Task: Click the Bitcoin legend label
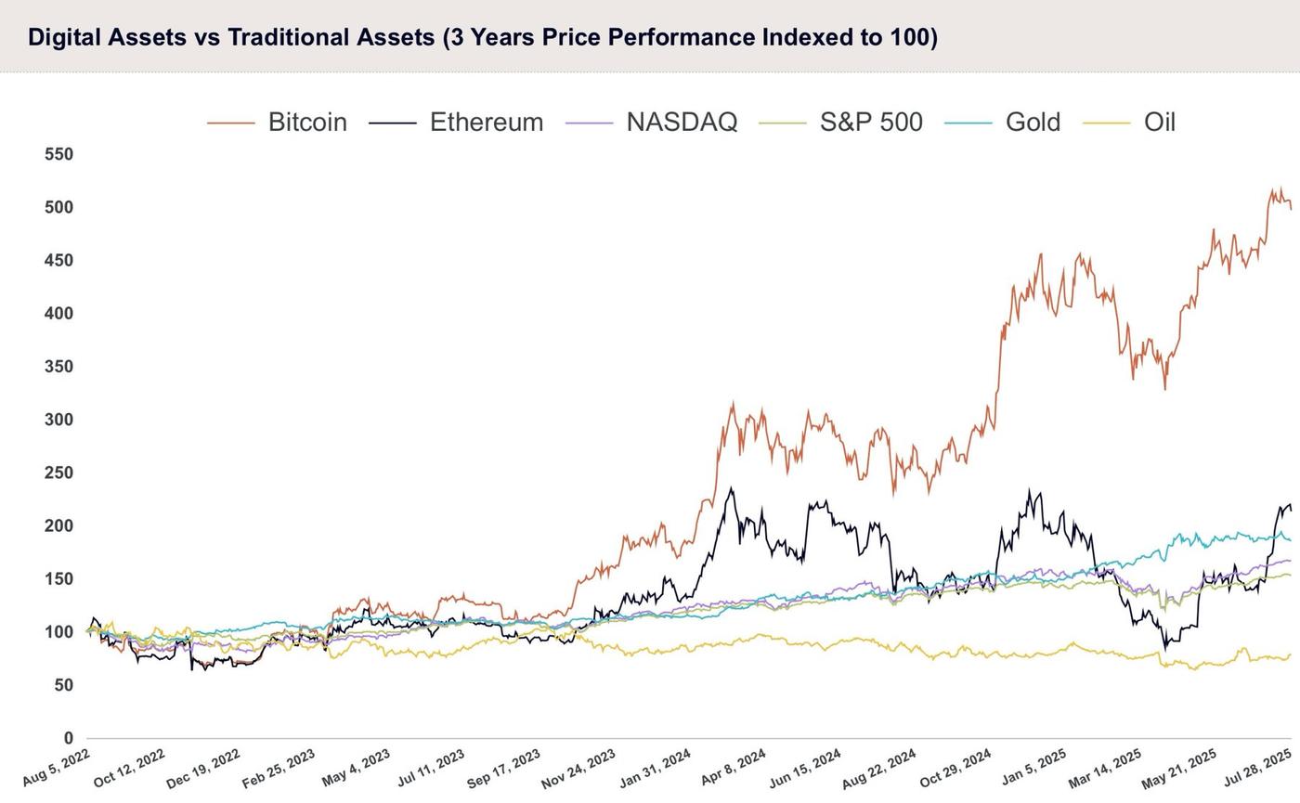coord(307,123)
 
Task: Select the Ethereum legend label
coord(487,123)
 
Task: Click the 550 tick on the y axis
coord(59,154)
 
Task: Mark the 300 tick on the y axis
coord(59,420)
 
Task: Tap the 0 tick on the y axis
coord(69,738)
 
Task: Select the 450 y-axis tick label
coord(59,261)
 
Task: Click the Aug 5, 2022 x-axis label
coord(57,768)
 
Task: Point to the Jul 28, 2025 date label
coord(1257,768)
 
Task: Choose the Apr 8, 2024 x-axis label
coord(734,768)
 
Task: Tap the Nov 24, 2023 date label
coord(578,770)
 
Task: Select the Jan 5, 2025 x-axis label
coord(1033,768)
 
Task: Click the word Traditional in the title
coord(331,37)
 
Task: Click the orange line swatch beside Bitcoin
coord(231,123)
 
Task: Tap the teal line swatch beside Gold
coord(968,123)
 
